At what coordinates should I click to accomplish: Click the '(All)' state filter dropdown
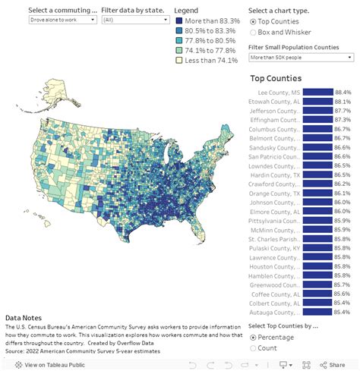pyautogui.click(x=129, y=20)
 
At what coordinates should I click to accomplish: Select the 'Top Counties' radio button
pyautogui.click(x=254, y=22)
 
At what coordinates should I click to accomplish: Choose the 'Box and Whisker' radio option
pyautogui.click(x=254, y=33)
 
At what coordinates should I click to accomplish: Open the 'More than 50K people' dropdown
pyautogui.click(x=302, y=57)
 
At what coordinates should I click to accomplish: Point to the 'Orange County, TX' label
pyautogui.click(x=275, y=193)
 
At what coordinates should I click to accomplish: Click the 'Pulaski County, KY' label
pyautogui.click(x=275, y=248)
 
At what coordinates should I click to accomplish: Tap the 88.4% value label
pyautogui.click(x=343, y=93)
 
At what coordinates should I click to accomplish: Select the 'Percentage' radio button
pyautogui.click(x=254, y=338)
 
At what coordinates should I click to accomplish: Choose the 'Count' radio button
pyautogui.click(x=254, y=349)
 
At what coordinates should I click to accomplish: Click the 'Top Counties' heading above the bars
pyautogui.click(x=275, y=78)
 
